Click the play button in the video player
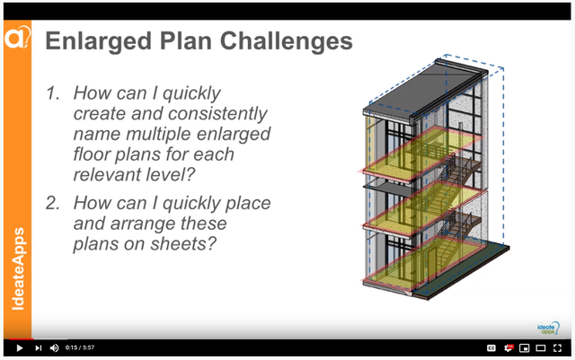coord(19,347)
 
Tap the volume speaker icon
coord(54,347)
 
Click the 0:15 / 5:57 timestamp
coord(81,347)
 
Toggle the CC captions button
coord(491,347)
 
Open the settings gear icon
coord(509,347)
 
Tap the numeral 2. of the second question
coord(56,203)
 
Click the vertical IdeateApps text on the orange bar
coord(18,269)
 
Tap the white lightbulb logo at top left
coord(17,38)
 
